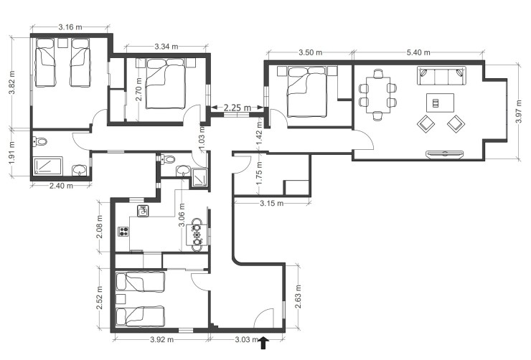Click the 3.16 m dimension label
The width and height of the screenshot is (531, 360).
(70, 27)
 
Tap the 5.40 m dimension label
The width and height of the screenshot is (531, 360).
(420, 52)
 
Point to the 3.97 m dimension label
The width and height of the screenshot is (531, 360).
(521, 112)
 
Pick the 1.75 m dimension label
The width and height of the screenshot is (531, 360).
(260, 178)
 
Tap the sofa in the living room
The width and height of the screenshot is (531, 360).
(441, 75)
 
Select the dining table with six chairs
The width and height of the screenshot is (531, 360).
(377, 95)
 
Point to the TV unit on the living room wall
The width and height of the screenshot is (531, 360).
(445, 153)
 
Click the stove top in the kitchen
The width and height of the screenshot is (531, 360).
(123, 232)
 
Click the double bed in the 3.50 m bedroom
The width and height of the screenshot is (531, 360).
(307, 93)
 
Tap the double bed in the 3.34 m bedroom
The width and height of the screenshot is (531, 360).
(166, 85)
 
